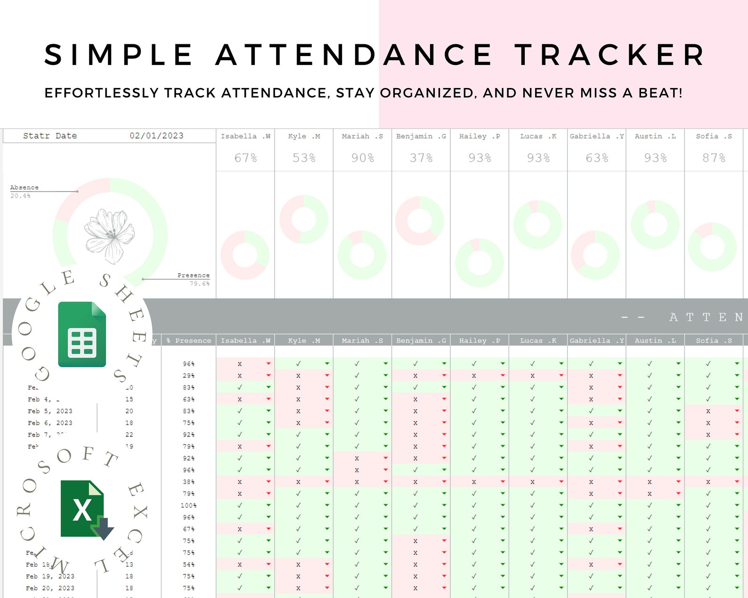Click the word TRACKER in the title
point(610,55)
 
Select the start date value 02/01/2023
point(156,136)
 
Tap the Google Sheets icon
point(82,334)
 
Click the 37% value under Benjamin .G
point(421,158)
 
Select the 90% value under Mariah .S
point(363,158)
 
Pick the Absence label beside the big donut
point(24,187)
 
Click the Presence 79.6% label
point(194,279)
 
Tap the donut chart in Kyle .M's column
point(304,219)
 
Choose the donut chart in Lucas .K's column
point(537,225)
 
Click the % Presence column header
point(189,340)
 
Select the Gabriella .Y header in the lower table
point(596,340)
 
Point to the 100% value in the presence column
point(188,505)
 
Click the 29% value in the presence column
point(188,376)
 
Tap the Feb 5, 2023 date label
point(50,411)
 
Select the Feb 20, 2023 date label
point(50,588)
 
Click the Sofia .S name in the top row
point(714,136)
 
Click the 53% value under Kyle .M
point(304,158)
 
